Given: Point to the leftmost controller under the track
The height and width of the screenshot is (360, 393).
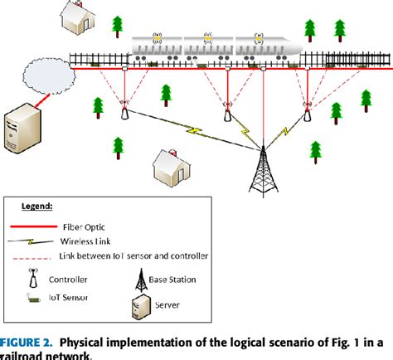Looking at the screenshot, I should tap(125, 111).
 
